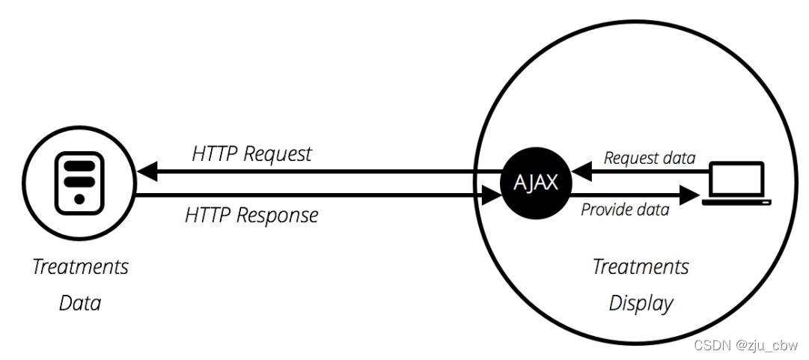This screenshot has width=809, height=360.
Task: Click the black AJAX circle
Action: pyautogui.click(x=535, y=183)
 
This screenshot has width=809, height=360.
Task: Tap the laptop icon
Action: pyautogui.click(x=737, y=184)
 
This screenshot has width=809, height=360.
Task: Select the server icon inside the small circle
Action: pyautogui.click(x=79, y=183)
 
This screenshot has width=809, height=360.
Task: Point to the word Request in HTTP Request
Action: pyautogui.click(x=277, y=155)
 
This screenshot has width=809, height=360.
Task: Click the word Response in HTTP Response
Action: pyautogui.click(x=278, y=216)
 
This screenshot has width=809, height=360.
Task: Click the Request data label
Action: pyautogui.click(x=650, y=158)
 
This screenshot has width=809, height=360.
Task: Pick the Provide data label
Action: pyautogui.click(x=625, y=210)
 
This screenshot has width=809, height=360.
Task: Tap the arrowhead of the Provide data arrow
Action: pyautogui.click(x=689, y=197)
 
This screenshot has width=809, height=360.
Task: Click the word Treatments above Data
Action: pyautogui.click(x=80, y=266)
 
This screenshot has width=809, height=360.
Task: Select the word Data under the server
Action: pyautogui.click(x=79, y=303)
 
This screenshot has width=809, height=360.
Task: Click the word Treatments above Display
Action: pyautogui.click(x=641, y=266)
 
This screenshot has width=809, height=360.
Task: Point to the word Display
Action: pyautogui.click(x=641, y=303)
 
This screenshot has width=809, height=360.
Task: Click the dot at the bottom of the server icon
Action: pyautogui.click(x=79, y=201)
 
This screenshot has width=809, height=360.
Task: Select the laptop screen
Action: pyautogui.click(x=737, y=178)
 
